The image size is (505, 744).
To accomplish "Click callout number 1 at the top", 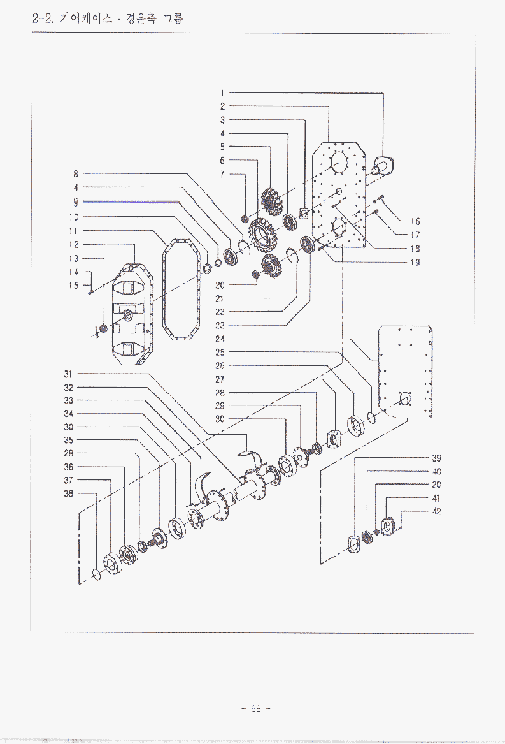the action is pos(222,93).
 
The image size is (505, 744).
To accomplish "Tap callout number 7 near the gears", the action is pos(222,174).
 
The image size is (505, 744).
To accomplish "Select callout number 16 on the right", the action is pos(415,222).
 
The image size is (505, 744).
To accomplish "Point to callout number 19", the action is pos(415,263).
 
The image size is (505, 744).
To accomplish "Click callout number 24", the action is pos(220,339).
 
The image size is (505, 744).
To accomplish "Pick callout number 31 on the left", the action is pos(68,374).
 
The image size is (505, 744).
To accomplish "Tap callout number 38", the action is pos(68,493).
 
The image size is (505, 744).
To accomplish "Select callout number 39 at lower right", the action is pos(436,458).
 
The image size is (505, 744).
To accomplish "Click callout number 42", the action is pos(436,511).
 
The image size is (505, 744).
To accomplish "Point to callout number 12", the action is pos(73,245).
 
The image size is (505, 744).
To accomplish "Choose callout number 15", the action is pos(73,286).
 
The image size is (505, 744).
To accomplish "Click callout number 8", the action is pos(76,174).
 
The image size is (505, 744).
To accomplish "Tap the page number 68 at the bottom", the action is pos(255,709).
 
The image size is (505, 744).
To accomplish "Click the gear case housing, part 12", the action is pos(132,314).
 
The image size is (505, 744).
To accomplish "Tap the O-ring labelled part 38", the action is pos(96,574).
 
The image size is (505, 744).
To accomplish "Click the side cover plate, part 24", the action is pos(406,372).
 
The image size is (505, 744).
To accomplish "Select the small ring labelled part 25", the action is pos(373,418).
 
